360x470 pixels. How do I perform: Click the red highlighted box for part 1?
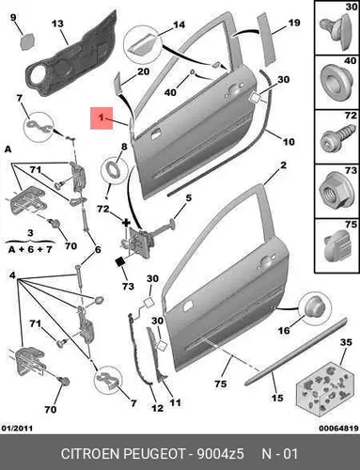pos(102,118)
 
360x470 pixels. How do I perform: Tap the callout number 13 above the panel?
pos(57,23)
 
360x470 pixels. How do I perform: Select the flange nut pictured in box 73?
pos(334,191)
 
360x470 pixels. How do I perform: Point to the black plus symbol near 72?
pos(126,223)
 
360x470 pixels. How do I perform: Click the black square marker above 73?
pos(120,261)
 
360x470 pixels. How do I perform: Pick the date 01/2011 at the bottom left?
pos(17,428)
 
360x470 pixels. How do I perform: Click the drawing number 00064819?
pos(338,428)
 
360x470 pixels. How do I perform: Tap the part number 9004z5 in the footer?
pos(220,453)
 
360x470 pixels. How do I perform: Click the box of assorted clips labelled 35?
pos(326,391)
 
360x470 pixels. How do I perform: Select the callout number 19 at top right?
pos(294,23)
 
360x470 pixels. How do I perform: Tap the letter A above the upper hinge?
pos(8,149)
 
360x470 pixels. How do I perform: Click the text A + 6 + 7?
pos(30,250)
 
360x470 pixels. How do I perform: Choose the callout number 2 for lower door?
pos(283,164)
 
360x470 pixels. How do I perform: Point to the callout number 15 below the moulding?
pos(277,398)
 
